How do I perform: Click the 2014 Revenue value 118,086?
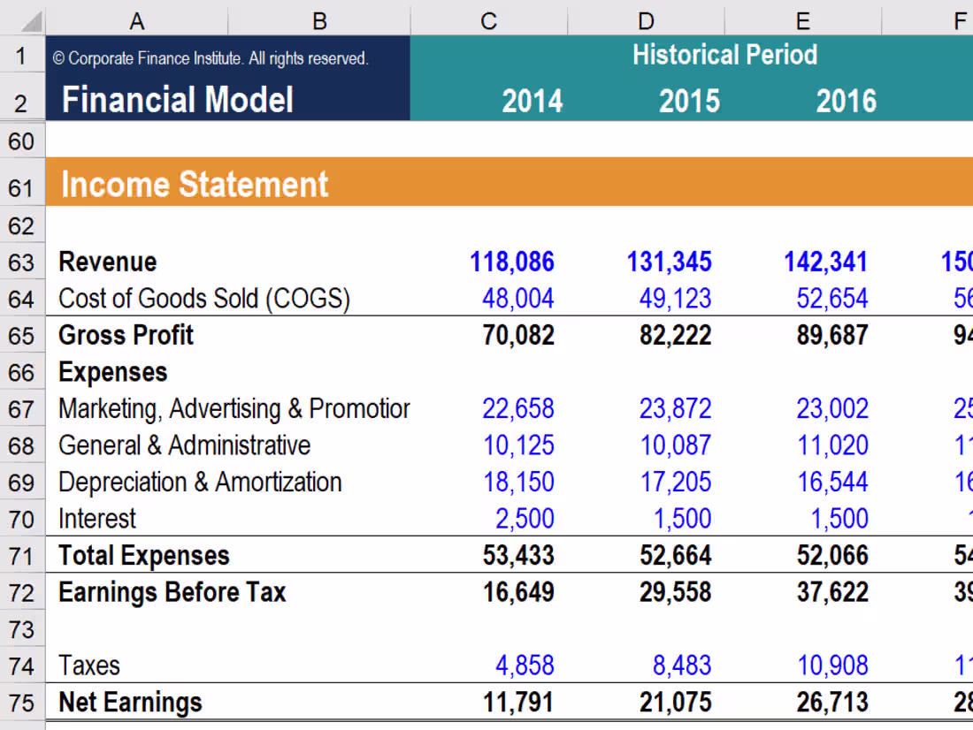(512, 262)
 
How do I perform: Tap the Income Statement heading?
(195, 185)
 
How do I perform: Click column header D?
(646, 19)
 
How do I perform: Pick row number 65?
(21, 336)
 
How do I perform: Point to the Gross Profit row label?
(126, 336)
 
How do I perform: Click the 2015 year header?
(689, 102)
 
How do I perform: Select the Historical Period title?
(724, 55)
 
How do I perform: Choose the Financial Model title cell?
(178, 101)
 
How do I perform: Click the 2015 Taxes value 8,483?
(675, 665)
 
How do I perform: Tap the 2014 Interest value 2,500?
(525, 519)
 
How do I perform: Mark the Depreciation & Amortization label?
(200, 483)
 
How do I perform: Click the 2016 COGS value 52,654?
(832, 299)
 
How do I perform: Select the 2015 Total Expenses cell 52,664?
(675, 556)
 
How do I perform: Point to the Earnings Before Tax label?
(172, 592)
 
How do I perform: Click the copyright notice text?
(210, 58)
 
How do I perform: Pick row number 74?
(21, 666)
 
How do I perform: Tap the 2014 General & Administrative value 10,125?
(518, 445)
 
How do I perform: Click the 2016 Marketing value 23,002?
(832, 409)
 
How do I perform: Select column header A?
(136, 19)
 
